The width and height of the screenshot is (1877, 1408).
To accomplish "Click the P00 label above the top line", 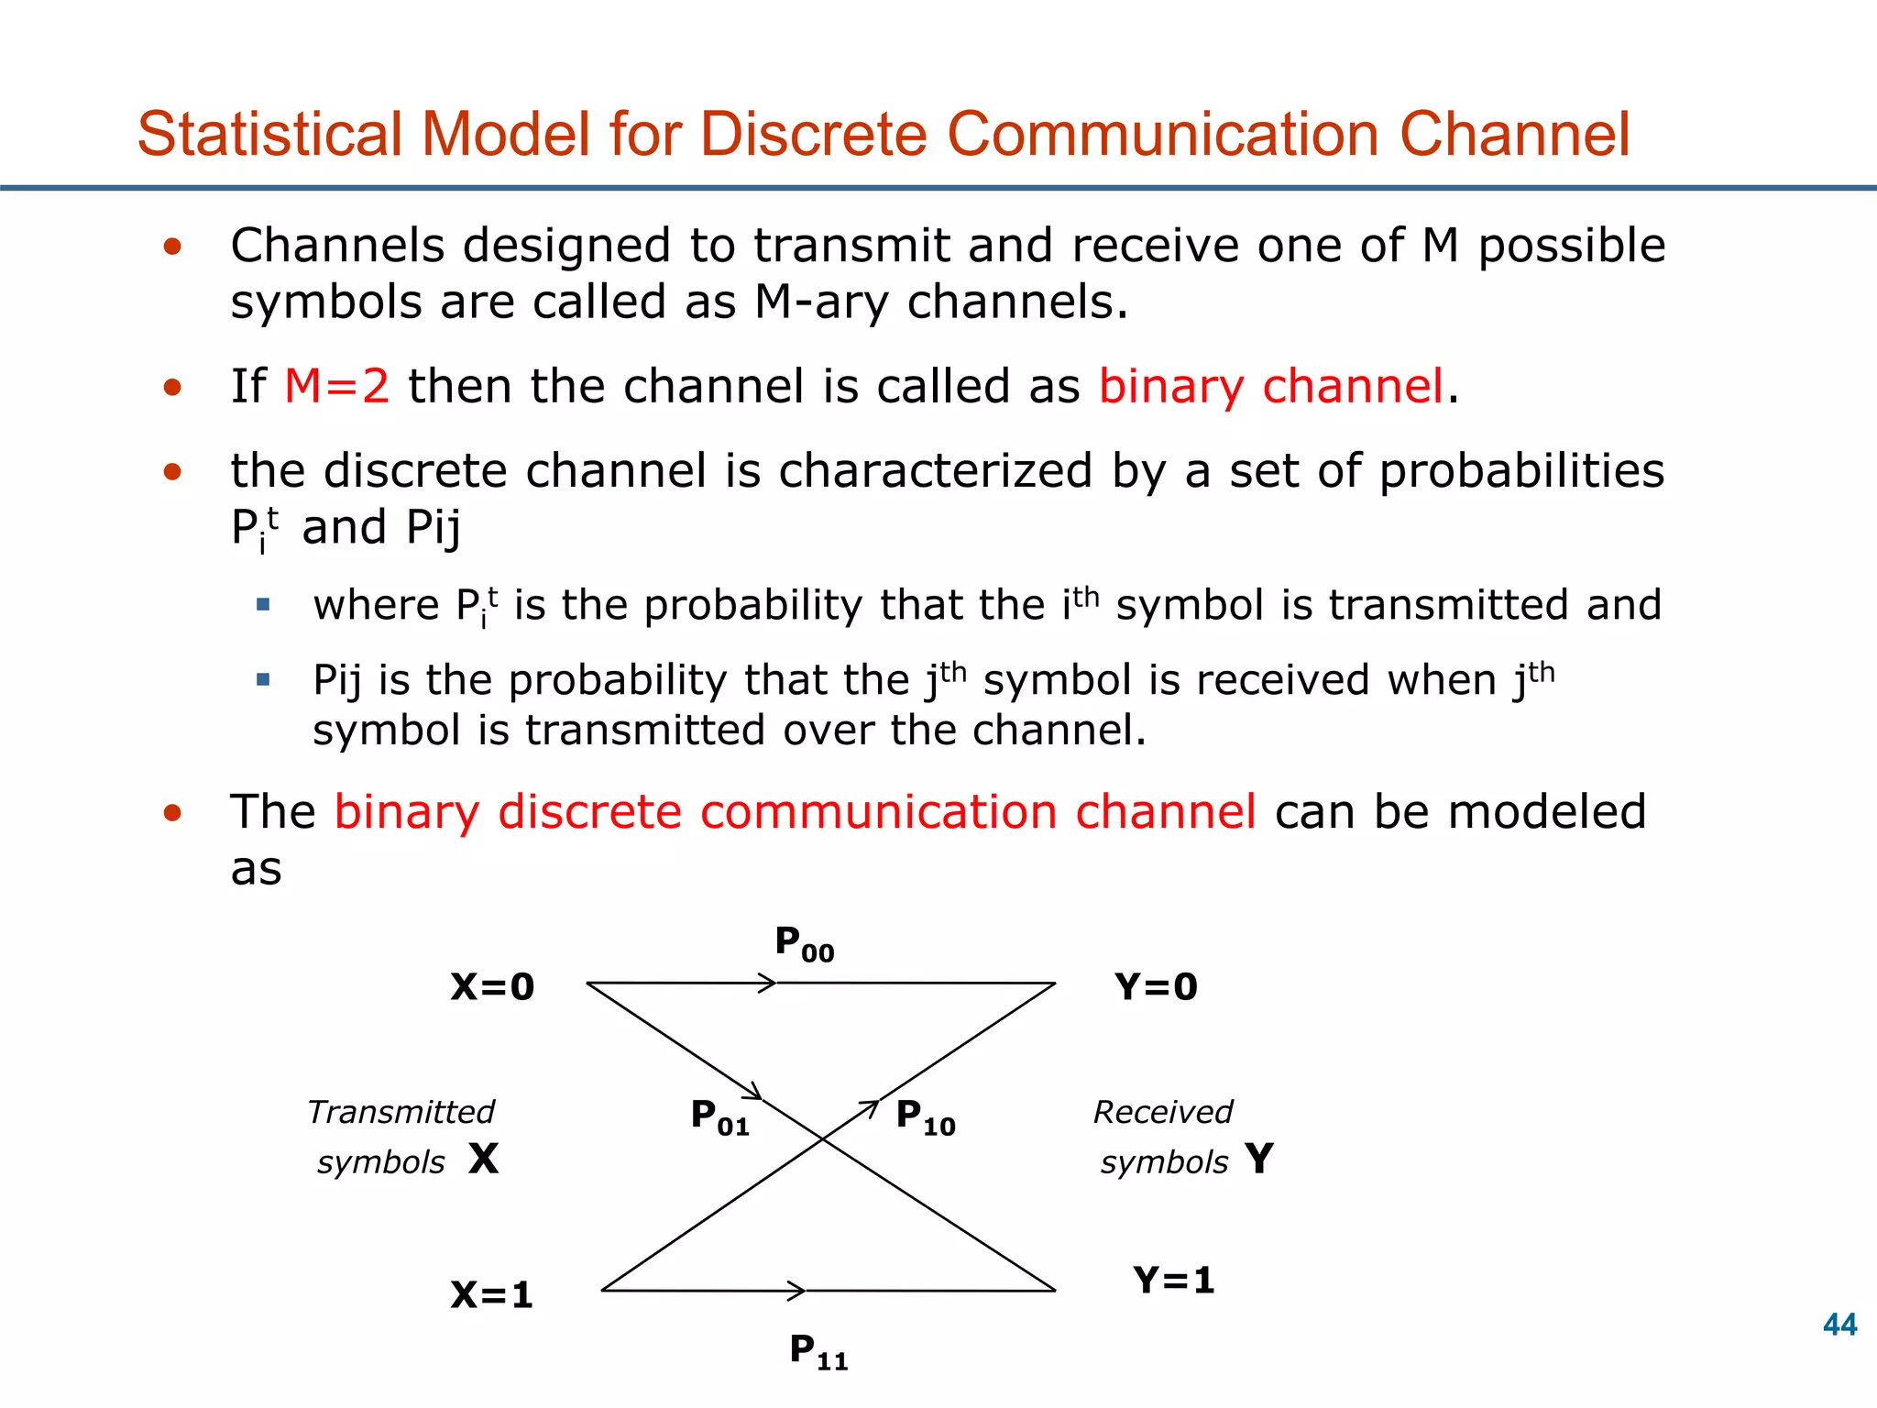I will (x=804, y=943).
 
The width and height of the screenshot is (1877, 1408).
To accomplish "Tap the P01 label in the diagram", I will (x=719, y=1117).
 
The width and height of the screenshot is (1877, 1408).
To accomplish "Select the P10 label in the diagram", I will (x=925, y=1117).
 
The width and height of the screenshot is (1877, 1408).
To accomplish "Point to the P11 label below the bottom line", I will (x=818, y=1351).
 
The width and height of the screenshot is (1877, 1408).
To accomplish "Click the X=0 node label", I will (x=492, y=987).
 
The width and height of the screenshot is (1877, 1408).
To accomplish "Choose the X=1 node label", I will (x=492, y=1295).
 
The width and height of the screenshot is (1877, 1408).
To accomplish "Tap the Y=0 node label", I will (x=1156, y=987).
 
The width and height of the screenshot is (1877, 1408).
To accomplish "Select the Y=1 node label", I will (x=1174, y=1281).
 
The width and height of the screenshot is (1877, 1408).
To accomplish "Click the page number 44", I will (x=1839, y=1325).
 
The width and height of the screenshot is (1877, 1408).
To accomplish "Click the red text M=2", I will (x=336, y=386).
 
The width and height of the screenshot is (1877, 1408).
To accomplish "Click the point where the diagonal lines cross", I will (x=823, y=1138).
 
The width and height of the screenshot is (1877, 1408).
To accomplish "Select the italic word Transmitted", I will (x=401, y=1112).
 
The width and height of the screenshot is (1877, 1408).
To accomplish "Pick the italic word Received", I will (x=1163, y=1112).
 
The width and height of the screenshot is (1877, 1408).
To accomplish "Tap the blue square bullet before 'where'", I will (x=264, y=605).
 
